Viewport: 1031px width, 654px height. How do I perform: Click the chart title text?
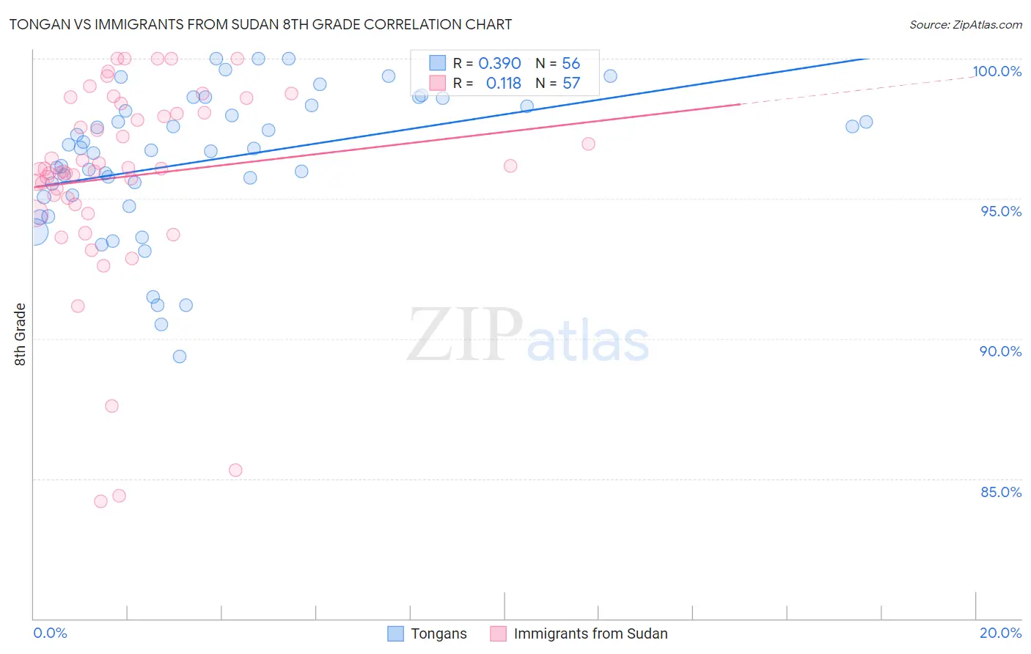coord(260,24)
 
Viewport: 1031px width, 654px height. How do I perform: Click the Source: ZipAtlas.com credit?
coord(965,24)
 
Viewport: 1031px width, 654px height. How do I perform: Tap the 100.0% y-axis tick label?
coord(997,71)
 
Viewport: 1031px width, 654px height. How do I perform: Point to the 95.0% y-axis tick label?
coord(1001,211)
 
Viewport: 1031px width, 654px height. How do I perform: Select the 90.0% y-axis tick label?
coord(1001,351)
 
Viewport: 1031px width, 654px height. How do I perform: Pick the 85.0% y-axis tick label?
coord(1001,492)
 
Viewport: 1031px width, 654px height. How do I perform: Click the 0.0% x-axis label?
coord(50,633)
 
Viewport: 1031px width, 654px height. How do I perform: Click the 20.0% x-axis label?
coord(1000,633)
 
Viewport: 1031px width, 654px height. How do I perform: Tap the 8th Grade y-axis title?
coord(20,334)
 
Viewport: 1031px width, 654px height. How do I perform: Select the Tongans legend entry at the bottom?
coord(438,633)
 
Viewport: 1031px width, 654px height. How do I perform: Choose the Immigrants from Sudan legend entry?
coord(590,633)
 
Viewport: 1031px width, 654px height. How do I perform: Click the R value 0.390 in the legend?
coord(499,64)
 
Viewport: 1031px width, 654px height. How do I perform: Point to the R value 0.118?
coord(503,84)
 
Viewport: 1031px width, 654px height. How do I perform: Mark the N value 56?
coord(570,64)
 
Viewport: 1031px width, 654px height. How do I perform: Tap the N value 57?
coord(570,84)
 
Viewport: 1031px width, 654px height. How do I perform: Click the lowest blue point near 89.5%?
coord(180,356)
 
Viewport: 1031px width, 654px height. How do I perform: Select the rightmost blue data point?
coord(866,122)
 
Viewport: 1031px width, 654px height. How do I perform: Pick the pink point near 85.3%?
coord(235,470)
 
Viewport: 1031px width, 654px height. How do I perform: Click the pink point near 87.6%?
coord(111,406)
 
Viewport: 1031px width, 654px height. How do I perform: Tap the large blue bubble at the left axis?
coord(34,232)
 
